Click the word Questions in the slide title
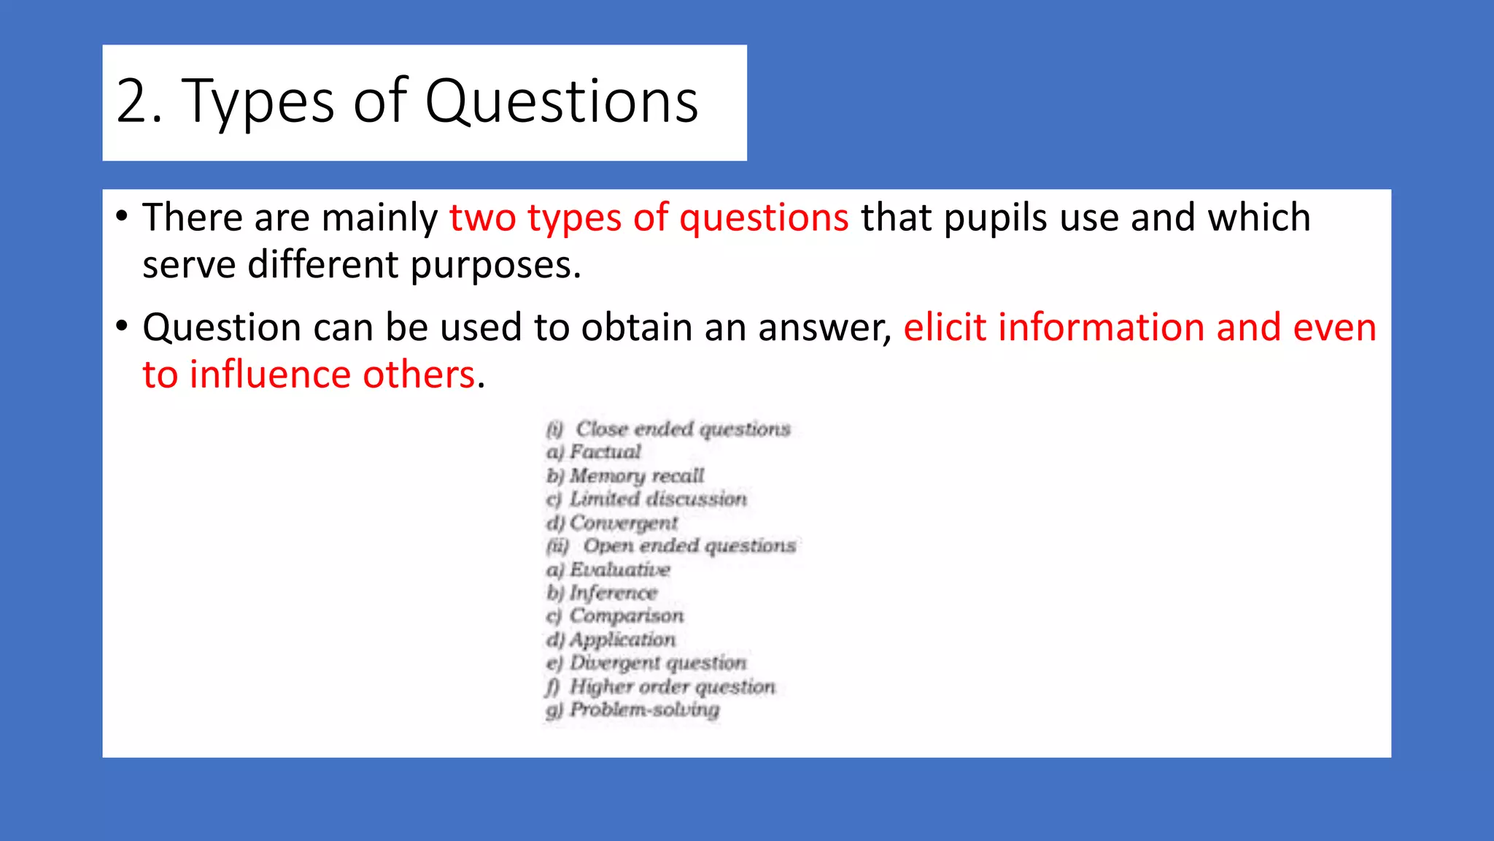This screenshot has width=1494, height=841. click(561, 101)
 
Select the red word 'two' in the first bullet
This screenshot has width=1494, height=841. click(482, 218)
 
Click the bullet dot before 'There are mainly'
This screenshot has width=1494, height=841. click(122, 216)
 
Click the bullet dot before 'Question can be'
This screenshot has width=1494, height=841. click(122, 326)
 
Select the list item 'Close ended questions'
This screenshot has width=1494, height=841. click(682, 429)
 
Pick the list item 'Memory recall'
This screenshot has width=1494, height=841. click(636, 476)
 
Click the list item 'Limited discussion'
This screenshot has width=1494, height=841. click(657, 499)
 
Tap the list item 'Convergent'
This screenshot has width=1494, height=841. click(623, 523)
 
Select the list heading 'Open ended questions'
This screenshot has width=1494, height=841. click(689, 546)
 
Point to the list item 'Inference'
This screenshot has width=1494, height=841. click(613, 593)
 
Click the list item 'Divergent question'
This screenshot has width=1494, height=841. click(657, 663)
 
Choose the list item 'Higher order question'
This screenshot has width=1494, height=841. click(672, 687)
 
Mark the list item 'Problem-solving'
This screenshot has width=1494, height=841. click(644, 710)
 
